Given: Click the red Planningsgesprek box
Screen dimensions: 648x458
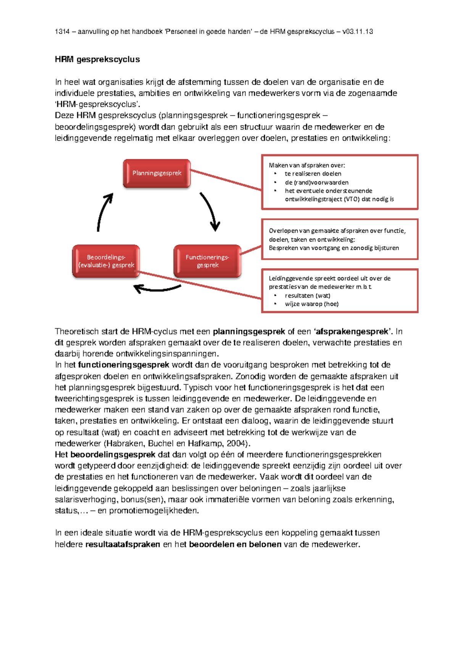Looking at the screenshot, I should coord(156,174).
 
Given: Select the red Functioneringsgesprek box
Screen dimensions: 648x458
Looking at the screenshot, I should coord(207,261).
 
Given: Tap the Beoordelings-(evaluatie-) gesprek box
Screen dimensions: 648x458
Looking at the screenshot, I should coord(106,261).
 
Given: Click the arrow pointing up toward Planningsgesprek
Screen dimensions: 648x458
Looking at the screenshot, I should coord(103,212).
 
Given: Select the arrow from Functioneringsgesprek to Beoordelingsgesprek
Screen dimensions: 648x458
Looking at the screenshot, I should coord(158,289).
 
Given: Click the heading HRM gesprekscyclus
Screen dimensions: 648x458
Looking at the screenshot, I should coord(97,60).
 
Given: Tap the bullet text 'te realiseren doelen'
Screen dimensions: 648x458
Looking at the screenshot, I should coord(313,174).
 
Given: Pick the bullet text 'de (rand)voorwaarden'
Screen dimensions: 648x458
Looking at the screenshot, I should coord(316,182).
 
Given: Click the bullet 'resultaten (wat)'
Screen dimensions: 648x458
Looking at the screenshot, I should coord(308,295).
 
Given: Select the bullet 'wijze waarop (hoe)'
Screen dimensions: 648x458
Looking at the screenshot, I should coord(311,304).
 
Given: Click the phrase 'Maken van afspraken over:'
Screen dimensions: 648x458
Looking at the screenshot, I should coord(307,165).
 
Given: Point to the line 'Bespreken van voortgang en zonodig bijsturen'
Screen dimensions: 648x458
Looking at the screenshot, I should coord(334,248).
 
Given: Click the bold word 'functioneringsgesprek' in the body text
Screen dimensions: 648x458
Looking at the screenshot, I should coord(123,365).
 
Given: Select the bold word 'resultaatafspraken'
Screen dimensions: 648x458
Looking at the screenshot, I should coord(123,544).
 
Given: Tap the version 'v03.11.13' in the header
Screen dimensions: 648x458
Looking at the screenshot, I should coord(358,32).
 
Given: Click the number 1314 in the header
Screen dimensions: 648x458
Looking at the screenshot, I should coord(62,32).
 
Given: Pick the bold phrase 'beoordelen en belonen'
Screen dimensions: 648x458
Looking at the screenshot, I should coord(235,544).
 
